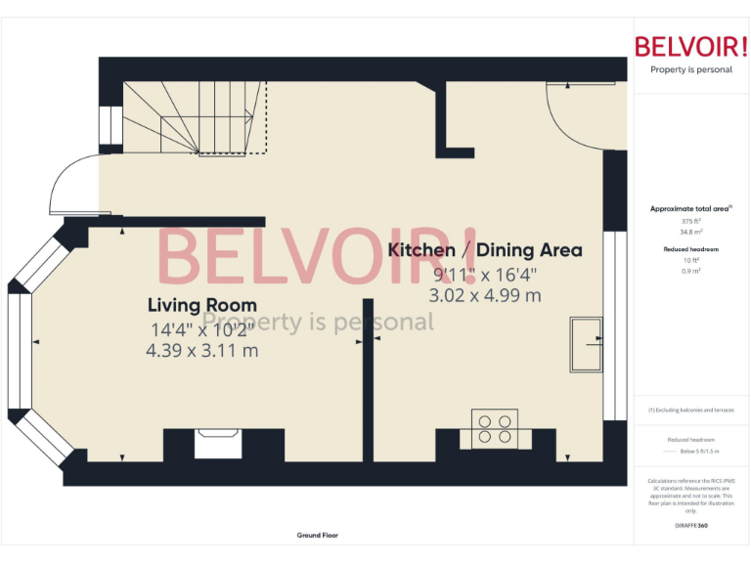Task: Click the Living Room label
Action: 202,305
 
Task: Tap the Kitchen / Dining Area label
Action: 485,250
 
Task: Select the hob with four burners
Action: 494,429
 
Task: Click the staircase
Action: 196,117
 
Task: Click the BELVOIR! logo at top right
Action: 691,46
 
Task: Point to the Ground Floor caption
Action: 317,536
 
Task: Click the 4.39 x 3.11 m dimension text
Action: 202,350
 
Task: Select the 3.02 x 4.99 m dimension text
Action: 485,295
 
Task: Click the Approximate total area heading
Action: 689,208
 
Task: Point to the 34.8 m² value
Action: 691,232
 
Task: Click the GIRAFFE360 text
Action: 691,526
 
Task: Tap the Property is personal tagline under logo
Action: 691,69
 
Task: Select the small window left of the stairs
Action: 105,124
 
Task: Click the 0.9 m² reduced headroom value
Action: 691,271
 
